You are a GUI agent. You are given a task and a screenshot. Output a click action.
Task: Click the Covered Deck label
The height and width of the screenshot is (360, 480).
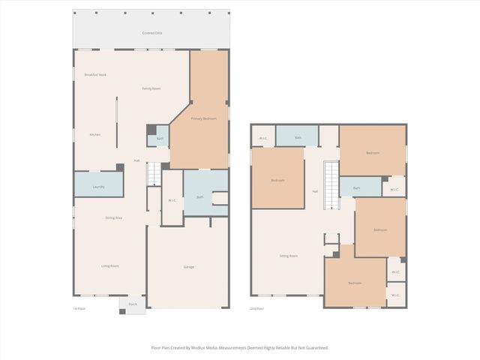[x=152, y=33]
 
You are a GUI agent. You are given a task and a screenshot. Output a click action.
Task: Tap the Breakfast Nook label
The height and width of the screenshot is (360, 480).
[x=94, y=75]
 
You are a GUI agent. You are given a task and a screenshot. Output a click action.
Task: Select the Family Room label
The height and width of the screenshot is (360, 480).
[x=151, y=88]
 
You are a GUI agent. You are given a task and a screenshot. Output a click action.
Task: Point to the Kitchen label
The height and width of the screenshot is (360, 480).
[x=95, y=134]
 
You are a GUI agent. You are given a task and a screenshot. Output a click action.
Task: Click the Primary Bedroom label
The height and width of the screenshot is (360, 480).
[x=202, y=118]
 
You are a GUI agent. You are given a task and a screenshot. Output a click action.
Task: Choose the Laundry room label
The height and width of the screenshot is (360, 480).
[x=98, y=186]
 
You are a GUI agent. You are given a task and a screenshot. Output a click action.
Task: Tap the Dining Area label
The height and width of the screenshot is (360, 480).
[x=113, y=217]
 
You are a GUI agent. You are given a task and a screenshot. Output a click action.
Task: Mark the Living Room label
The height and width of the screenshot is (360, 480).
[x=111, y=266]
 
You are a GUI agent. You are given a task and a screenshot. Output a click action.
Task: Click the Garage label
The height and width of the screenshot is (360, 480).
[x=189, y=267]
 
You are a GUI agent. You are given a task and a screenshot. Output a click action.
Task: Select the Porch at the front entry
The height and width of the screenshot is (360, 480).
[x=133, y=304]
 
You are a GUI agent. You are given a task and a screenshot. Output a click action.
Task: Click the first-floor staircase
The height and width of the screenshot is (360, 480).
[x=153, y=175]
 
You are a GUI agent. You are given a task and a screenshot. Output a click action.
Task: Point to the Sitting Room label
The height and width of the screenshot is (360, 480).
[x=289, y=256]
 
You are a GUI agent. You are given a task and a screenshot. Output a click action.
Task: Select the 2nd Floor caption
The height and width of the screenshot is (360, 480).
[x=257, y=308]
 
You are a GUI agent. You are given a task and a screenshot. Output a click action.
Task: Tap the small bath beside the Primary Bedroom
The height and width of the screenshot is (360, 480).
[x=160, y=139]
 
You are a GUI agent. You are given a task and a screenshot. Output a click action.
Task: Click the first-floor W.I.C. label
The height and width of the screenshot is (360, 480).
[x=172, y=199]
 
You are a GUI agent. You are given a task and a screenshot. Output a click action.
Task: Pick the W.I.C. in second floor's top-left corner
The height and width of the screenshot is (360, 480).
[x=263, y=138]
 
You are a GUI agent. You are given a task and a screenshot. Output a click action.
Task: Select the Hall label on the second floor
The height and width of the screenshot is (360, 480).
[x=315, y=191]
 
